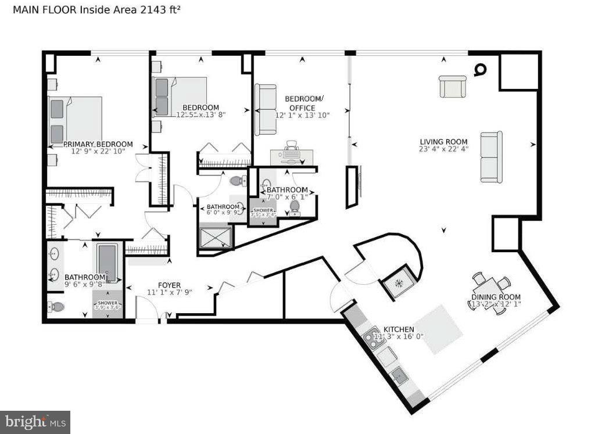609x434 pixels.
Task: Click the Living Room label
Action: click(x=443, y=142)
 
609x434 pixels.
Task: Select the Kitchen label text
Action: click(x=398, y=328)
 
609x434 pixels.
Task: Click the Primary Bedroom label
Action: click(x=98, y=144)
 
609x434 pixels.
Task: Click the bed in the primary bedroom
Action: click(x=76, y=120)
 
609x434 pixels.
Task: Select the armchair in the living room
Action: click(x=453, y=87)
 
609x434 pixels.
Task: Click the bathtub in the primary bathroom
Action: click(x=107, y=262)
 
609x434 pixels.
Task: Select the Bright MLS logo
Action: click(x=35, y=421)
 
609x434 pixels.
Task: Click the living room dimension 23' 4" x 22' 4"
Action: click(x=443, y=149)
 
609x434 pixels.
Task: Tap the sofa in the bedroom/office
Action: click(x=266, y=109)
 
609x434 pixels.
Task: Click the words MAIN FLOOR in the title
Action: click(x=37, y=10)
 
